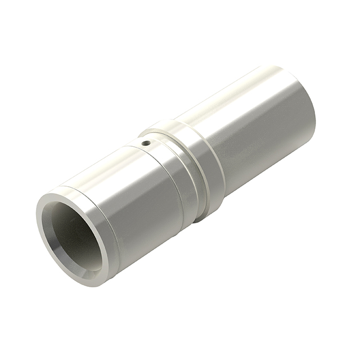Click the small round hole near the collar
pos(146,143)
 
